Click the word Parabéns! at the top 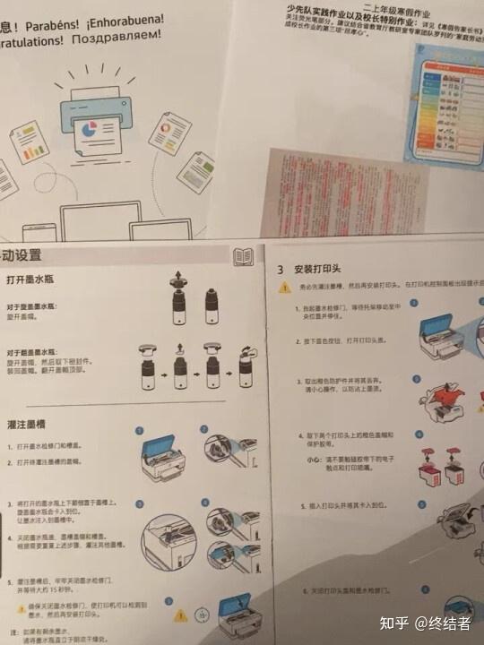coord(55,16)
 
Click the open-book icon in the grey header coord(243,257)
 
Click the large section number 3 coord(281,268)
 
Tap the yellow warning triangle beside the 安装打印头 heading coord(284,288)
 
